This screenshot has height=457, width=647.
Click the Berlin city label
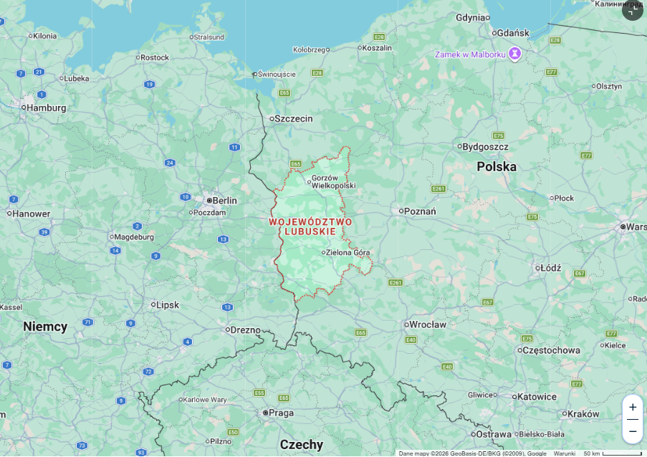tap(224, 201)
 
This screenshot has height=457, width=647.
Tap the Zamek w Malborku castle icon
tap(514, 54)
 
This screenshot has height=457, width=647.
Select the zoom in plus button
tap(632, 407)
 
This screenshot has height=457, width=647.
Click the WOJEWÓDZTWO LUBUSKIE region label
tap(310, 226)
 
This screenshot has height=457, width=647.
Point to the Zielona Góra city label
tap(348, 252)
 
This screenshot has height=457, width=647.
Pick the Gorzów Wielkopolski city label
tap(333, 181)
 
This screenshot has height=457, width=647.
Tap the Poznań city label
tap(420, 211)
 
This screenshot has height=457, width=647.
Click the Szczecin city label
tap(294, 119)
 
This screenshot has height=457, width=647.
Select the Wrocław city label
tap(427, 324)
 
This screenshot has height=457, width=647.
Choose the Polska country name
tap(497, 166)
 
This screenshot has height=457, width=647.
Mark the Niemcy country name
tap(45, 327)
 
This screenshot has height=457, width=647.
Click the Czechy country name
tap(302, 444)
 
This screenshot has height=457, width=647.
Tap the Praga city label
tap(281, 413)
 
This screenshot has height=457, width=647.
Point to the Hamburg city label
tap(47, 108)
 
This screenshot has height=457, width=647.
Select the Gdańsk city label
tap(512, 33)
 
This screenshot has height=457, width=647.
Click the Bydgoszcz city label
tap(485, 147)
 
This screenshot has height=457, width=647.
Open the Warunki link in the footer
tap(565, 453)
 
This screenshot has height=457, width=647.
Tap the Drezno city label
tap(245, 329)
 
